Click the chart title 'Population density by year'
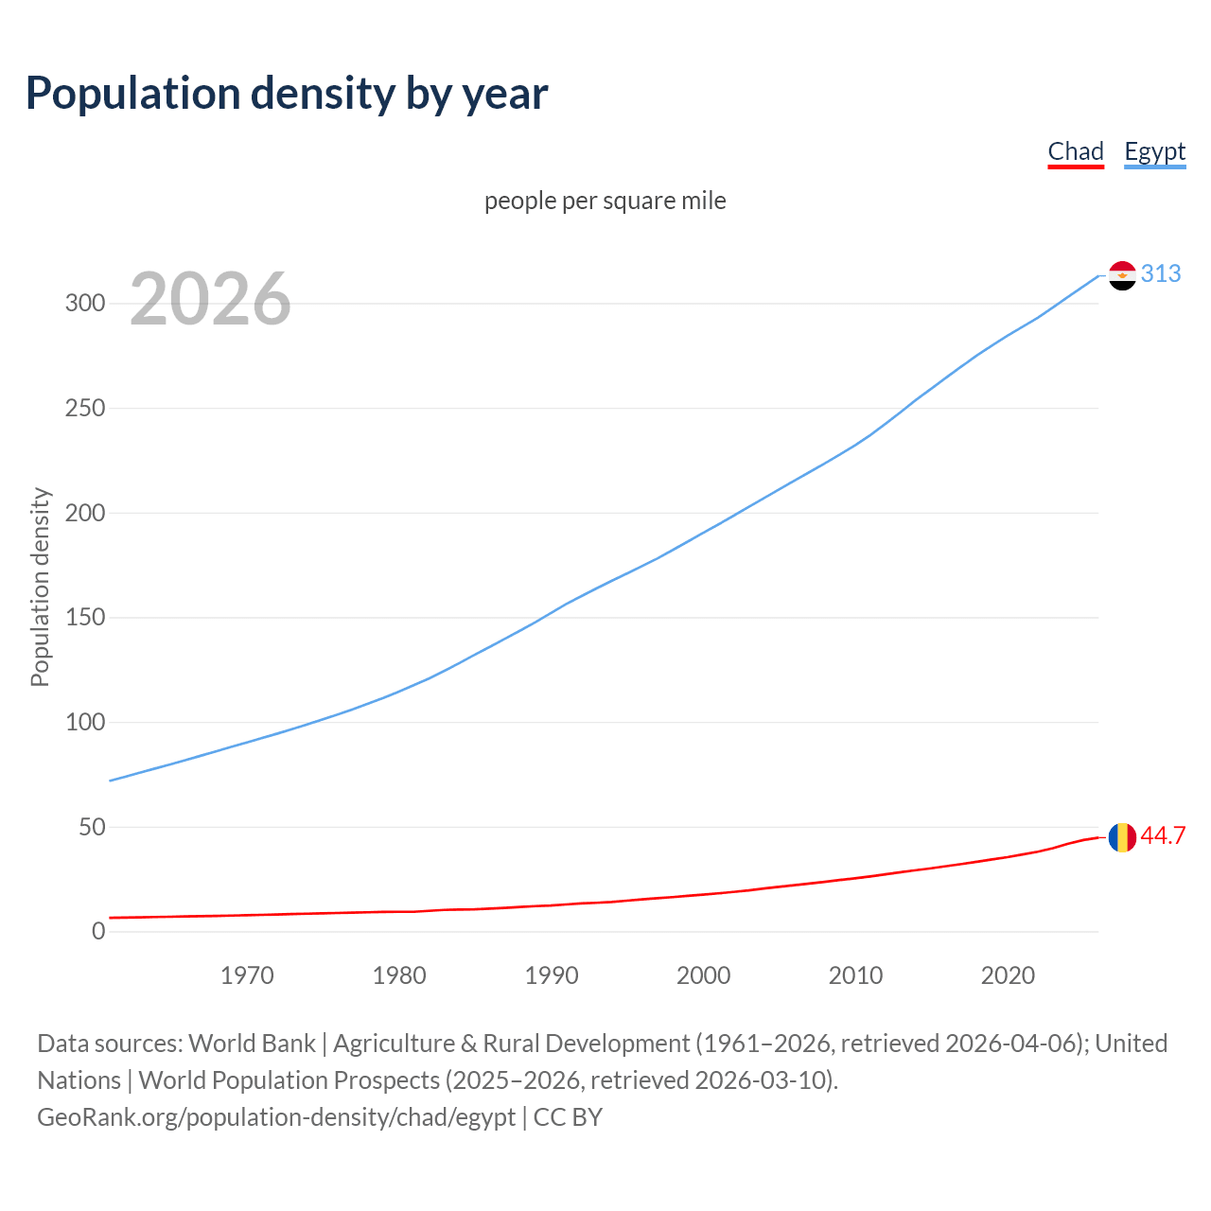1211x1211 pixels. coord(287,94)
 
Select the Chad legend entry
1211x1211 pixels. coord(1076,151)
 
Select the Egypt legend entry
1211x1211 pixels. coord(1154,151)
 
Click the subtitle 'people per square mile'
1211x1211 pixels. coord(605,202)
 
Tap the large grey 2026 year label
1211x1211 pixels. coord(210,299)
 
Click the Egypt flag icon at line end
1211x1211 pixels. coord(1122,275)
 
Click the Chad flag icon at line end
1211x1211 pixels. coord(1122,837)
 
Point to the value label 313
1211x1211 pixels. coord(1161,274)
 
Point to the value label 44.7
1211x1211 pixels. coord(1163,836)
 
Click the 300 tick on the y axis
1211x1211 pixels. coord(84,304)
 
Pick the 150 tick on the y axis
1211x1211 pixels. coord(84,618)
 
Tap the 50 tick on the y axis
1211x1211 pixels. coord(91,828)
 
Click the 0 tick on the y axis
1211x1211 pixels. coord(98,932)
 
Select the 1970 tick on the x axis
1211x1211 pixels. coord(247,975)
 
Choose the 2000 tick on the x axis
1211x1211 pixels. coord(703,975)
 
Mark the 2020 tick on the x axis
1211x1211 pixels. coord(1008,975)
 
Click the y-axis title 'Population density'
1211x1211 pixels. coord(40,587)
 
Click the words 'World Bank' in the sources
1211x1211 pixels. coord(252,1044)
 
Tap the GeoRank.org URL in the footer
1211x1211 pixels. coord(276,1117)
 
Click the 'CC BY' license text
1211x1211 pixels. coord(568,1117)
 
